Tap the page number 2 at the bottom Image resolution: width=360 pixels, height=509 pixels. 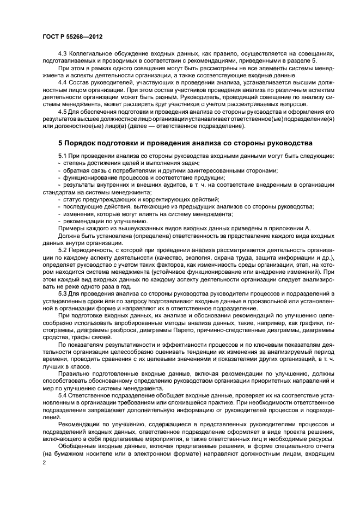coord(44,462)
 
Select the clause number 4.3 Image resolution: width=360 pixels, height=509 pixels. coord(63,54)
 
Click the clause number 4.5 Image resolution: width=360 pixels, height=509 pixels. coord(63,111)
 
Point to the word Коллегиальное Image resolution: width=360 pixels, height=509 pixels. coord(94,54)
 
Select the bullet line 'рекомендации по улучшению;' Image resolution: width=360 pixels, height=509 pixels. coord(99,221)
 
